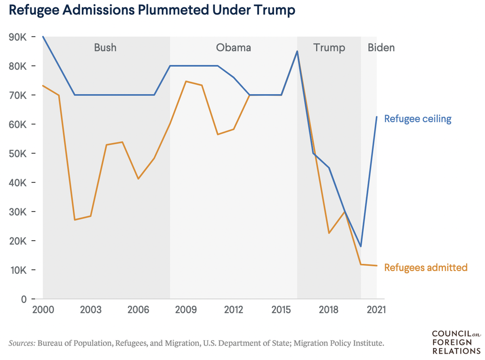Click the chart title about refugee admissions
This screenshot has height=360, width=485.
[152, 10]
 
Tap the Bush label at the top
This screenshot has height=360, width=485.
[105, 48]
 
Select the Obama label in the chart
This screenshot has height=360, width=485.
[233, 48]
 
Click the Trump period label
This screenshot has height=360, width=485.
[329, 48]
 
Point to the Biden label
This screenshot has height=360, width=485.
[381, 48]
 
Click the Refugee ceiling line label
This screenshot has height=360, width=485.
[418, 119]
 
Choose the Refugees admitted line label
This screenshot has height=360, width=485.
[425, 267]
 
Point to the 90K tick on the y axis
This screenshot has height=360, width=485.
[17, 37]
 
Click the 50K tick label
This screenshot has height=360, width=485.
[17, 154]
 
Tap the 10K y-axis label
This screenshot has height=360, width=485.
[17, 270]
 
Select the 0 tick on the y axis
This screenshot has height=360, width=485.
[23, 299]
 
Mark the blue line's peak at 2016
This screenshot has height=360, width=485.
[297, 51]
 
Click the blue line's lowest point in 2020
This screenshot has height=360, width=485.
[361, 246]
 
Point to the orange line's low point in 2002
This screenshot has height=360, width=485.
[75, 220]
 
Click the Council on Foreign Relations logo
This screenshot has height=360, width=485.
[455, 342]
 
